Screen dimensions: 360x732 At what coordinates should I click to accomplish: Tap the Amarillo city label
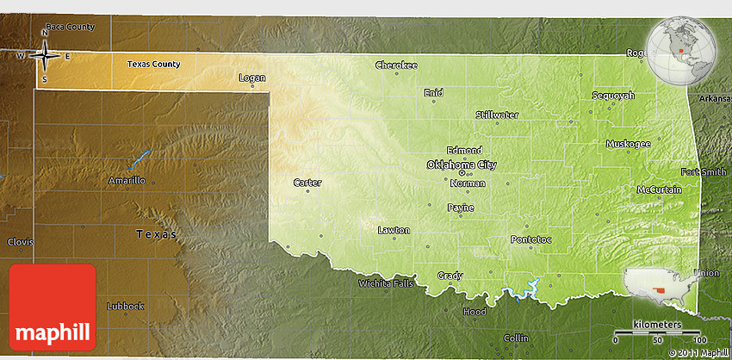[127, 180]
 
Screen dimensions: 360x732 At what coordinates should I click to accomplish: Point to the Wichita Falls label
[386, 283]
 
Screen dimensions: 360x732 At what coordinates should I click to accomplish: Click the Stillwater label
[497, 114]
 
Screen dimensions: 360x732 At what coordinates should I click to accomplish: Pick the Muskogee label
[628, 144]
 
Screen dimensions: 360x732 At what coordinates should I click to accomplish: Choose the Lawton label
[394, 230]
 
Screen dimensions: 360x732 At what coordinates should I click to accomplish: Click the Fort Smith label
[703, 171]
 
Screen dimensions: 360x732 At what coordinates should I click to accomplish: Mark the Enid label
[433, 92]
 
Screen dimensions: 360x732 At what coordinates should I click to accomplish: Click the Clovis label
[20, 242]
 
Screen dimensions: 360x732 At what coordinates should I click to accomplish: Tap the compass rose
[45, 56]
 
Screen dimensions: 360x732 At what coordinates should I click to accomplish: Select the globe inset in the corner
[682, 50]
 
